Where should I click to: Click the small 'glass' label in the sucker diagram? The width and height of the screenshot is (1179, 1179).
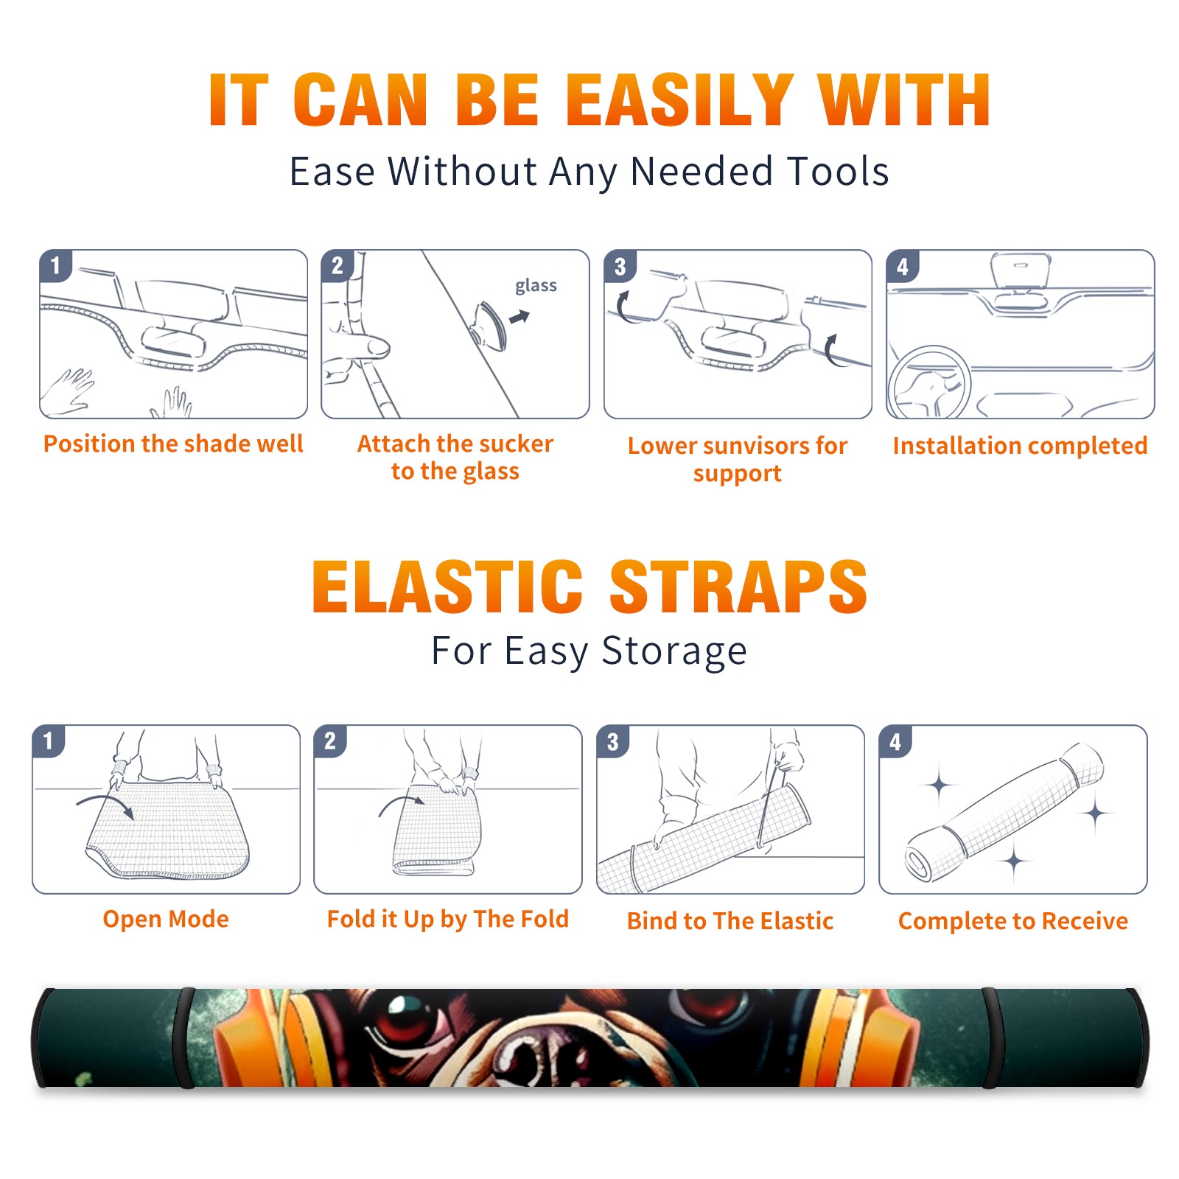coord(536,285)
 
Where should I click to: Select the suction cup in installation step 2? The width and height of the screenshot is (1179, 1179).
coord(489,324)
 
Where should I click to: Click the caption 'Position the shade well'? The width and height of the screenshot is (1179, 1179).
coord(173,444)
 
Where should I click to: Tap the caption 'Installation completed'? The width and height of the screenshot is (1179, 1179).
coord(1020,446)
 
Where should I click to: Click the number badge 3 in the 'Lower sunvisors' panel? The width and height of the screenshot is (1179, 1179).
coord(620,266)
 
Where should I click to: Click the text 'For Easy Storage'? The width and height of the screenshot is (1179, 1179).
coord(589,651)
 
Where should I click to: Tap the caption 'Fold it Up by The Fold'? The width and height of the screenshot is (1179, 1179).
coord(448,919)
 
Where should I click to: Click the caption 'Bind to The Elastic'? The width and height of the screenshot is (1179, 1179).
coord(730,921)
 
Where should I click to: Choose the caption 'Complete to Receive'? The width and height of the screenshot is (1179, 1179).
coord(1013,921)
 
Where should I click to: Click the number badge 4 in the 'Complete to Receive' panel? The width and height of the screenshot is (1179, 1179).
coord(895,741)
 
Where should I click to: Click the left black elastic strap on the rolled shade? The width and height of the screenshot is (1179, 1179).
coord(184,1038)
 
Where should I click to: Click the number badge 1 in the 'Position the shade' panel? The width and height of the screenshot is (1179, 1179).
coord(55,265)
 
